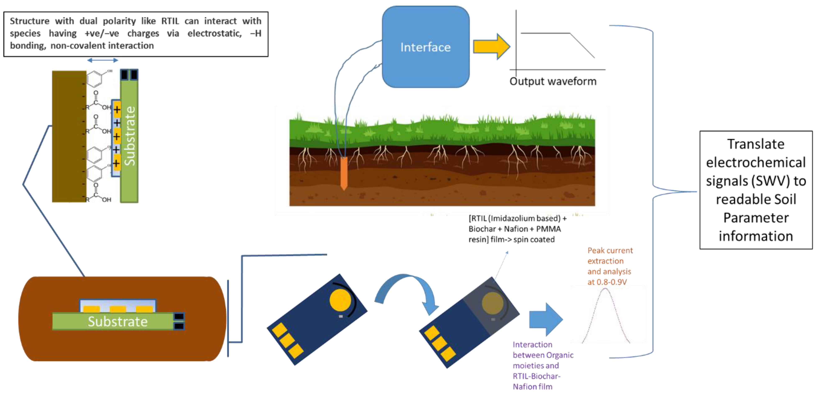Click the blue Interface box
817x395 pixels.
point(425,47)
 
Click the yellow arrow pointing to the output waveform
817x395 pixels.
point(491,47)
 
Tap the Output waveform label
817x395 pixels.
point(553,81)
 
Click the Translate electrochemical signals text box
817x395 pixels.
point(756,190)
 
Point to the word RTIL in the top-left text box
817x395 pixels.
point(170,21)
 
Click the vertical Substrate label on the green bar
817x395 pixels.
point(129,136)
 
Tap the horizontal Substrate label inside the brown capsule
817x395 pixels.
point(118,322)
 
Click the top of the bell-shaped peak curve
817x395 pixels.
point(605,289)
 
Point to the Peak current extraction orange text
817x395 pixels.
point(610,266)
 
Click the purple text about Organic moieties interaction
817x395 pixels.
point(543,365)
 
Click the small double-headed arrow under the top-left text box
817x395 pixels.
point(102,60)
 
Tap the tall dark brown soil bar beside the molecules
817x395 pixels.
point(69,136)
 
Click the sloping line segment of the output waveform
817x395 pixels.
point(582,45)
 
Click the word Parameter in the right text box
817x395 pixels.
point(756,218)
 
